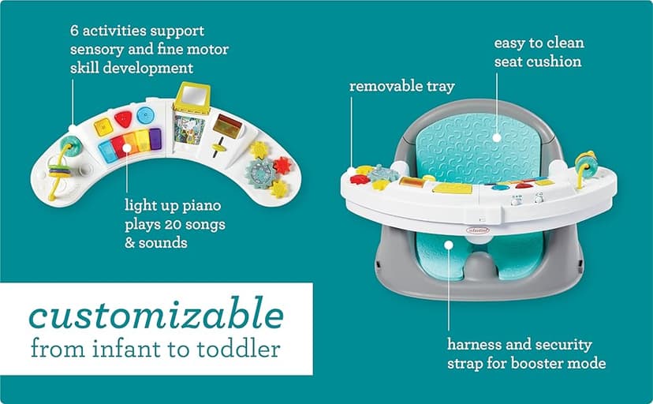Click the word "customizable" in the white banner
coord(156,316)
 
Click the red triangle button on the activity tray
coord(124,118)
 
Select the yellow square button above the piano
coord(103,126)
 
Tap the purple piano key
coord(155,139)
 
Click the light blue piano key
coord(107,151)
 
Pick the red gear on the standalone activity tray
coord(282,165)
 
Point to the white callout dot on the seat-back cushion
coord(497,136)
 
